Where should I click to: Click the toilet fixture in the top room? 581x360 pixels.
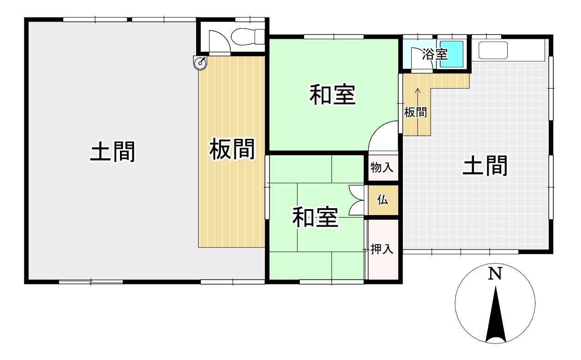click(248, 37)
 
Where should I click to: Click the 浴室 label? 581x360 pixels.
click(435, 54)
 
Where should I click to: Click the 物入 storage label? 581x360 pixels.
click(382, 168)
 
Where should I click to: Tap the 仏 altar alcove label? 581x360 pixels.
click(382, 200)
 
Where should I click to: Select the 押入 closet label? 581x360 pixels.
click(382, 250)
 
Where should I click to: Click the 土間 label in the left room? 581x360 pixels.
click(113, 152)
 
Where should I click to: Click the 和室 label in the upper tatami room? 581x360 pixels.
click(332, 95)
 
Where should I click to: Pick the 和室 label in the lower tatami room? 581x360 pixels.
click(315, 217)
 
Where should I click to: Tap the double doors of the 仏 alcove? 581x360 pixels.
click(357, 200)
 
